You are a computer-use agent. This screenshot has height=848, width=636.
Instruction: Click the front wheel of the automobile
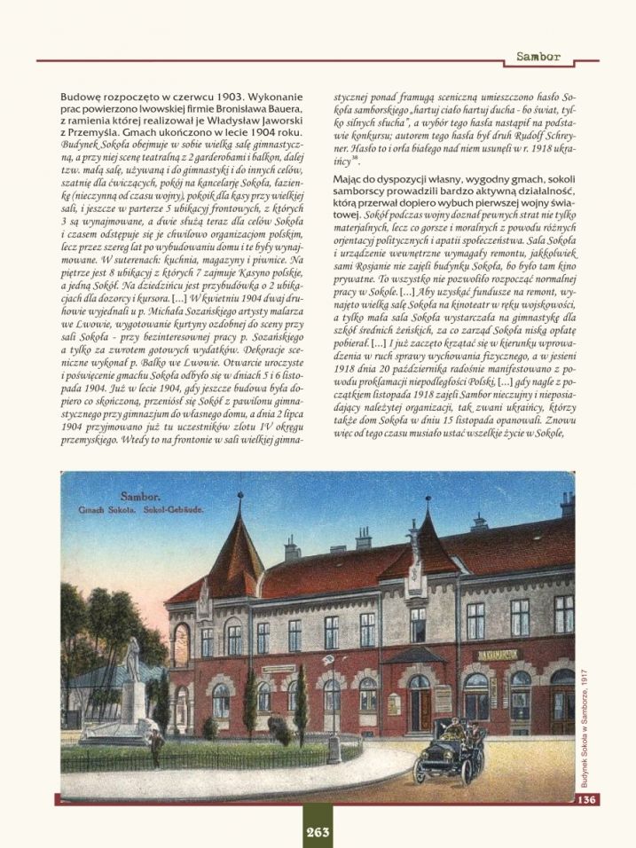421,771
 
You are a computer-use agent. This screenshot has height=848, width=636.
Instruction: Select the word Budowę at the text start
81,96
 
